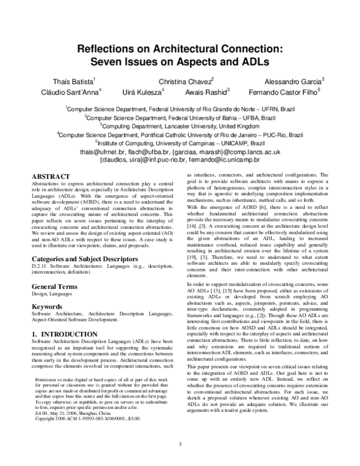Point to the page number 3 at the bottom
point(180,444)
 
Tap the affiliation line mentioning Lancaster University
point(180,127)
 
